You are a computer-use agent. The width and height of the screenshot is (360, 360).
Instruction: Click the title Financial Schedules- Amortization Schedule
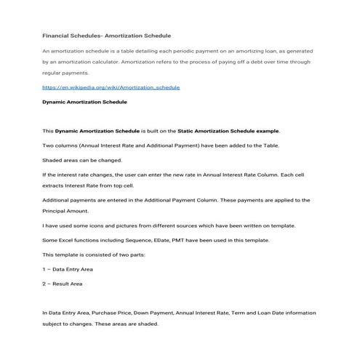[x=106, y=35]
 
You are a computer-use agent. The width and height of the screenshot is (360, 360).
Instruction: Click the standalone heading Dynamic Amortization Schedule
[x=84, y=103]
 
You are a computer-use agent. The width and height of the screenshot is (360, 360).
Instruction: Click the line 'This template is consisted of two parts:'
[x=95, y=255]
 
